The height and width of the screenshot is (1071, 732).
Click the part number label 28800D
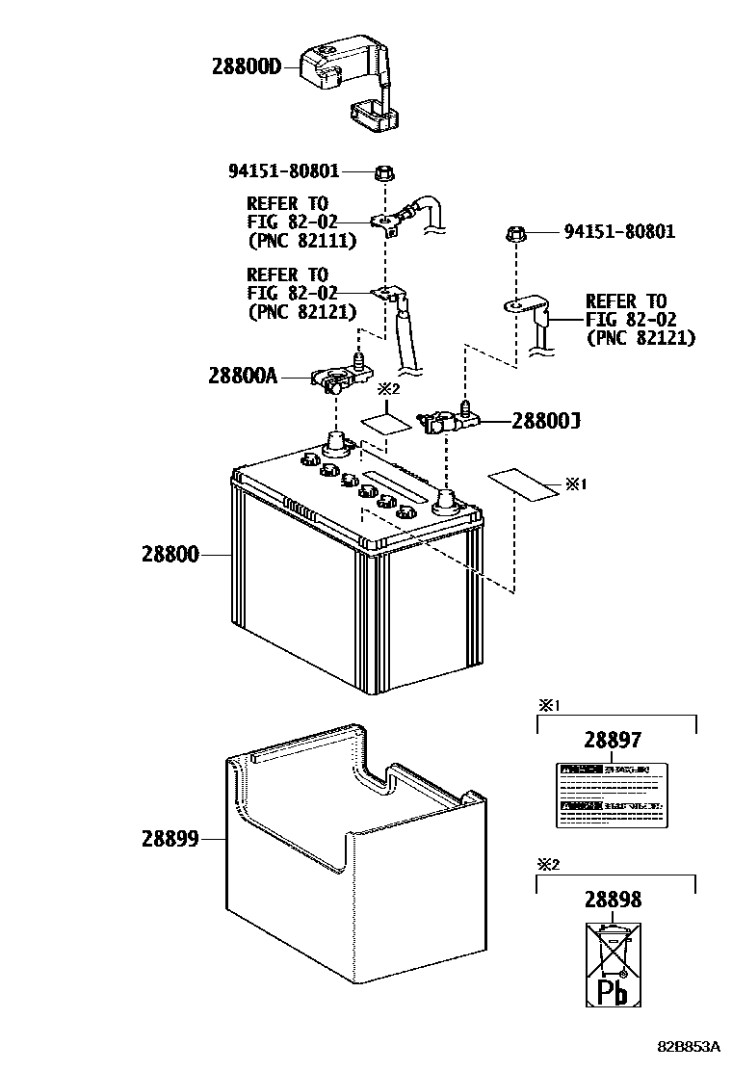click(246, 66)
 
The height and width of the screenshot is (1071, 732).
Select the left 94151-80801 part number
click(284, 171)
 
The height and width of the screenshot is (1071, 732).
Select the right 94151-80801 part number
click(619, 232)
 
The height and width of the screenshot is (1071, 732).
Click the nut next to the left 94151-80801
click(382, 173)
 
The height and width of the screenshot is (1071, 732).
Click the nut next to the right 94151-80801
click(515, 233)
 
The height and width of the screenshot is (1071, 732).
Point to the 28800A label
click(242, 376)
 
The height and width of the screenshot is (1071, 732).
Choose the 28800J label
click(545, 421)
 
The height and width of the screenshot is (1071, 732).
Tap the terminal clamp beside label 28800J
click(443, 420)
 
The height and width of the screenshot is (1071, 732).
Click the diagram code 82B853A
click(691, 1047)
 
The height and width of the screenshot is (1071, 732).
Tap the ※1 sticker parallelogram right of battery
click(523, 483)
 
